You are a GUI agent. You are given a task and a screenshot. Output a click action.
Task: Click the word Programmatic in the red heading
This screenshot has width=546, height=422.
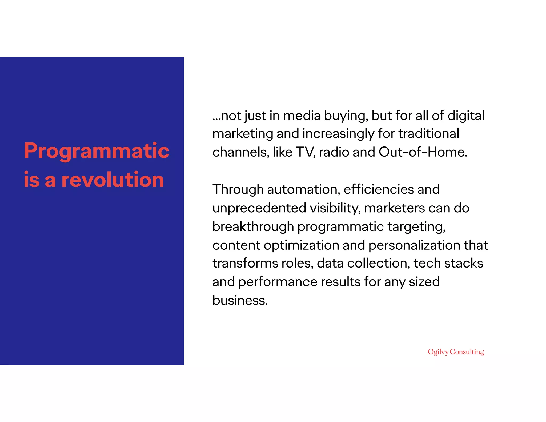[97, 151]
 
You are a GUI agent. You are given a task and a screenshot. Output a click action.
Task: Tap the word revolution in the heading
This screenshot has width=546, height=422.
[113, 180]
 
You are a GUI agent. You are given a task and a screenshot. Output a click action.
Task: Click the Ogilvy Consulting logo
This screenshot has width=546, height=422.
[456, 352]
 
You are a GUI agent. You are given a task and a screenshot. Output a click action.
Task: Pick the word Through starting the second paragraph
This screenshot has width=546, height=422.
[238, 190]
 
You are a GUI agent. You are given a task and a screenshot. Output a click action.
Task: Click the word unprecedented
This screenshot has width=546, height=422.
[259, 208]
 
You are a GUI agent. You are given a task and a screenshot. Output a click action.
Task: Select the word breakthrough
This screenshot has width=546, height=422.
[253, 227]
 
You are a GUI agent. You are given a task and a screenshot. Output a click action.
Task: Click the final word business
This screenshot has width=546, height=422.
[240, 300]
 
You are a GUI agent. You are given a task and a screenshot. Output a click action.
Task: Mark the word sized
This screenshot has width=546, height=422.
[424, 282]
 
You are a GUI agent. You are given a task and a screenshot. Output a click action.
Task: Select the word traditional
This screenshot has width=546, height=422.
[429, 134]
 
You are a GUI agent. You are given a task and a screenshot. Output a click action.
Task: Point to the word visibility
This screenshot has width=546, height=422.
[335, 208]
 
